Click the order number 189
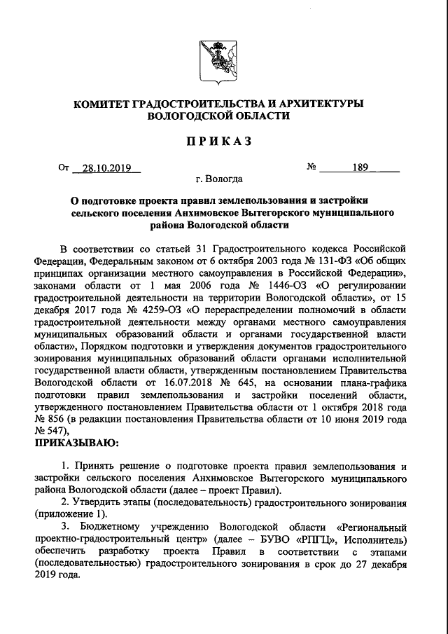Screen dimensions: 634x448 click(360, 167)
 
